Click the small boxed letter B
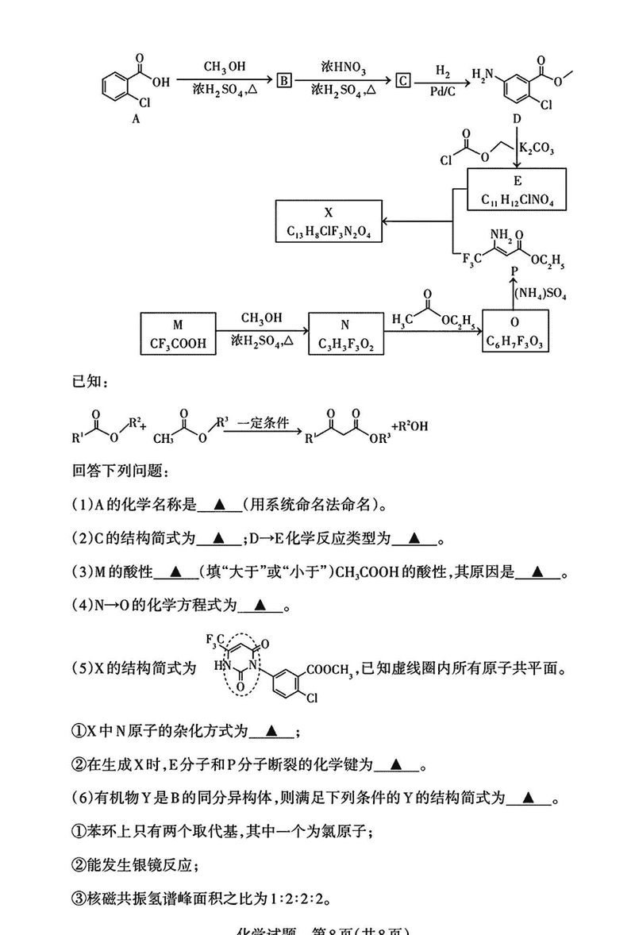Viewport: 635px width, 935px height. (x=285, y=79)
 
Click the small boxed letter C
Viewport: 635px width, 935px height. (x=404, y=79)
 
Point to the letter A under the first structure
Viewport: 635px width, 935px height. (x=136, y=117)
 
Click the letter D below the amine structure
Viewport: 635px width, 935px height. (x=517, y=118)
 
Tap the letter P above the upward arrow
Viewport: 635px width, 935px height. (x=513, y=272)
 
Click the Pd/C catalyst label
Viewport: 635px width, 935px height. (x=443, y=92)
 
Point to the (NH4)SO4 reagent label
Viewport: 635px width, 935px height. (x=541, y=295)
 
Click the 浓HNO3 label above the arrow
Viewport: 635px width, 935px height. (x=344, y=65)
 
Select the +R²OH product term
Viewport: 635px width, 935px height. (x=409, y=426)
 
